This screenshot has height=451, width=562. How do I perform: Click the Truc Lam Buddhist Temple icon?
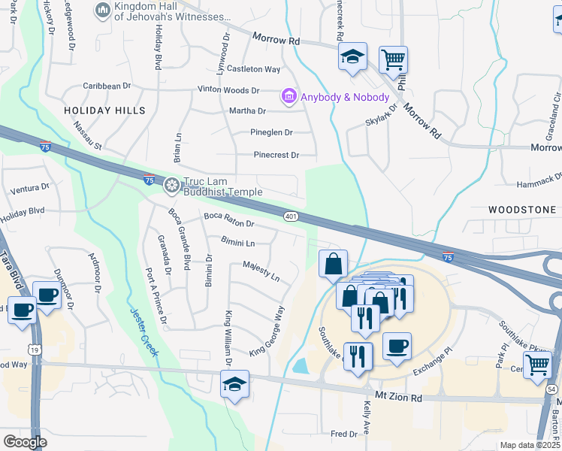click(172, 185)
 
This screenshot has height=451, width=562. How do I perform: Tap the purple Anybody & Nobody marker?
click(288, 97)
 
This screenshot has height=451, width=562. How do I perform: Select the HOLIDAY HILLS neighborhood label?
click(104, 110)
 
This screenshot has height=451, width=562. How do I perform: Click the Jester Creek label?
click(143, 332)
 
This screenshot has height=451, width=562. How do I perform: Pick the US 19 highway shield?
click(34, 350)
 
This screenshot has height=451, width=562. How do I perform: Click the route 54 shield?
click(553, 388)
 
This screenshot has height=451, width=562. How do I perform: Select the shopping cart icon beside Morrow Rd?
click(394, 60)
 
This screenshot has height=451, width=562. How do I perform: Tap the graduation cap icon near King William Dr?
click(234, 384)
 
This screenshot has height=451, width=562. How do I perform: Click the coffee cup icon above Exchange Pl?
click(397, 347)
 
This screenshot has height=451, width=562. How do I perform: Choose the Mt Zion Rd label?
click(397, 395)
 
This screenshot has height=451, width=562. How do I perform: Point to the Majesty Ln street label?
click(261, 271)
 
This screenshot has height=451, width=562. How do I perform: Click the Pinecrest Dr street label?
click(276, 156)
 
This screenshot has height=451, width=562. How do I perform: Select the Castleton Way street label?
click(254, 69)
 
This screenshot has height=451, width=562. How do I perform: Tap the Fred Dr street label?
click(343, 434)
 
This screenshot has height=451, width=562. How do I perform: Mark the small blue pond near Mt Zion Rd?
click(301, 366)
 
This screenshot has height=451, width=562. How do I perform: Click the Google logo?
click(25, 442)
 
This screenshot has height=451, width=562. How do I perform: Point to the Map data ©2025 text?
click(529, 445)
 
